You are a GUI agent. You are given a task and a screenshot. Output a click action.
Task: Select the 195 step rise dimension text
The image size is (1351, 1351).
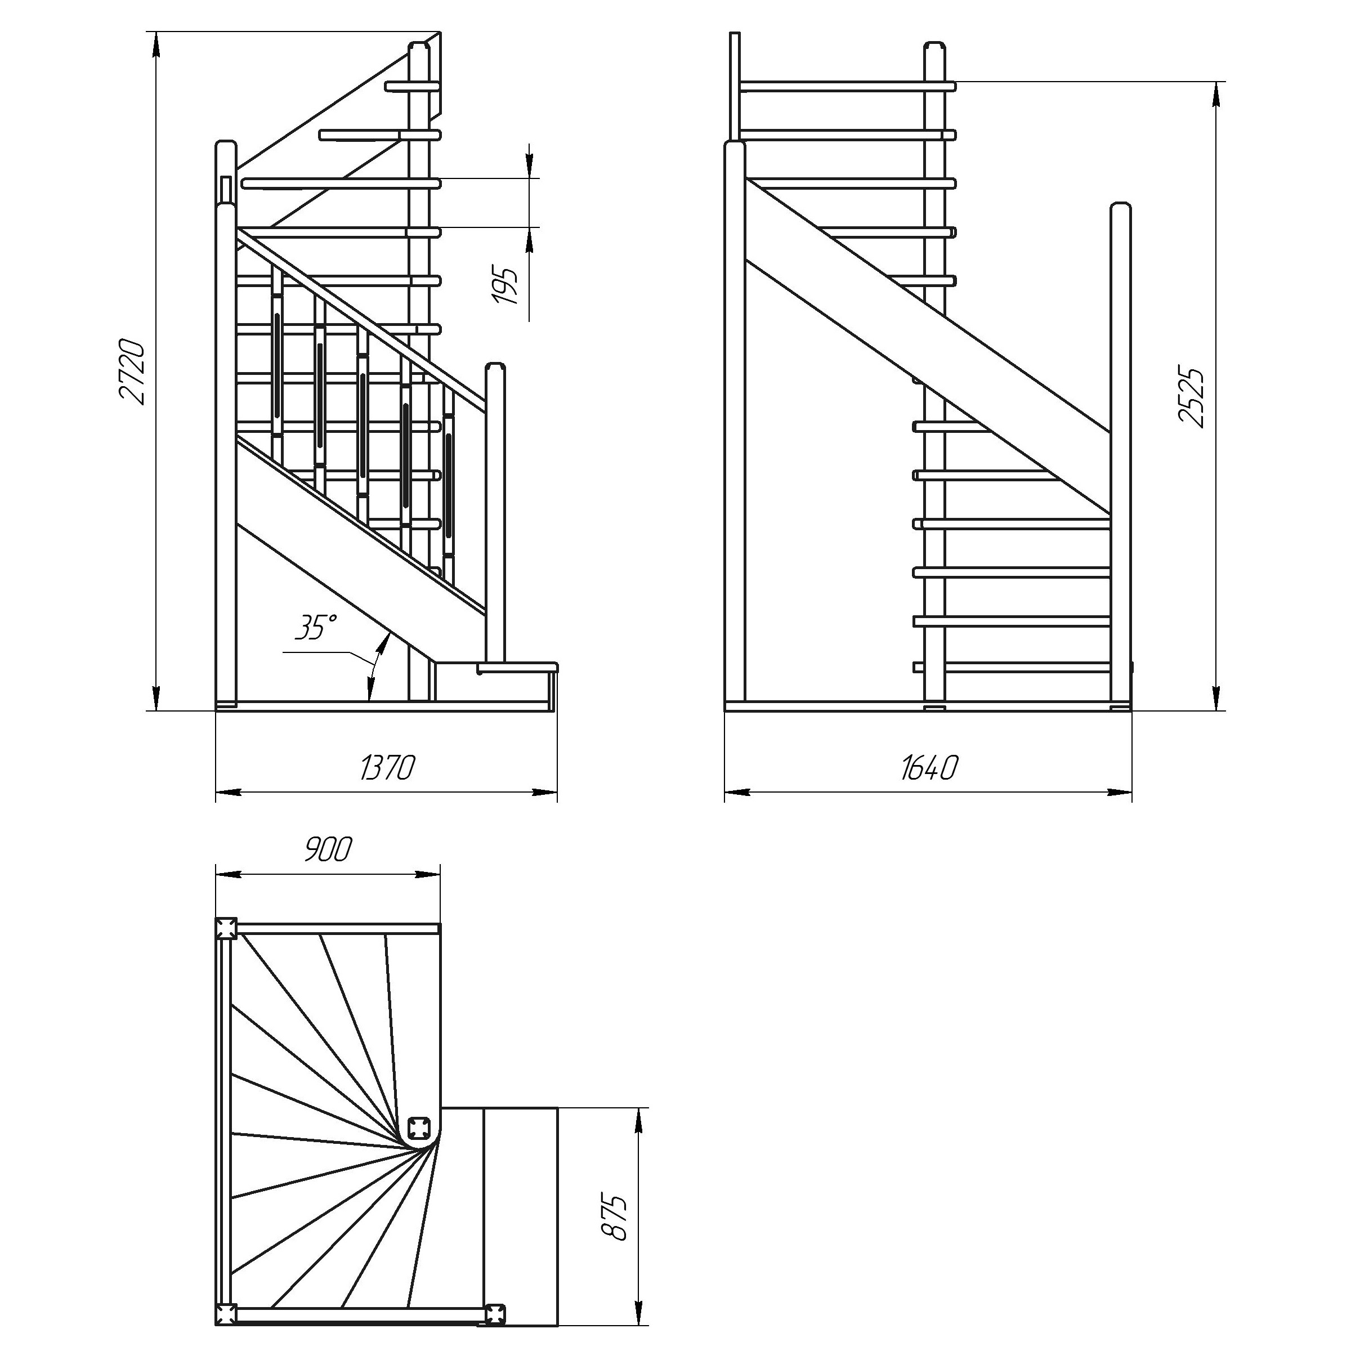pyautogui.click(x=506, y=285)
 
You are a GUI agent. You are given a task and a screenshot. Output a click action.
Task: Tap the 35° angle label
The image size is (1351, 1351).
pyautogui.click(x=315, y=627)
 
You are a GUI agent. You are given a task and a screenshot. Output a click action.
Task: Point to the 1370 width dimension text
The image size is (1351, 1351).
pyautogui.click(x=387, y=768)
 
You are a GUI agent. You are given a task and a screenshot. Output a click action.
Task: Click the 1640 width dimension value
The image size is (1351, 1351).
pyautogui.click(x=929, y=768)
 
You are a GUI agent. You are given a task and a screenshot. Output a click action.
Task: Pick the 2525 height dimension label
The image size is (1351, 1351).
pyautogui.click(x=1192, y=396)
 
